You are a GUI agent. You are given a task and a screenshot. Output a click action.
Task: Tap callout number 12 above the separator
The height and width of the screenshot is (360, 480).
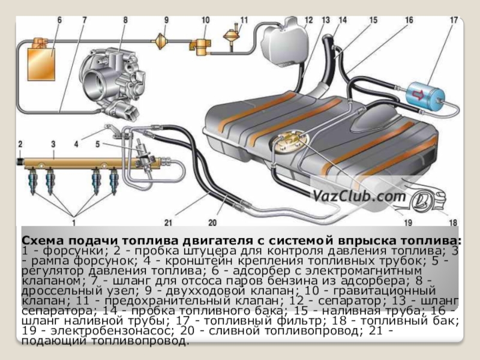(x=308, y=20)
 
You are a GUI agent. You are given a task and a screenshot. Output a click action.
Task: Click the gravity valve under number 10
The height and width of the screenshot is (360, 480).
(x=198, y=44)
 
